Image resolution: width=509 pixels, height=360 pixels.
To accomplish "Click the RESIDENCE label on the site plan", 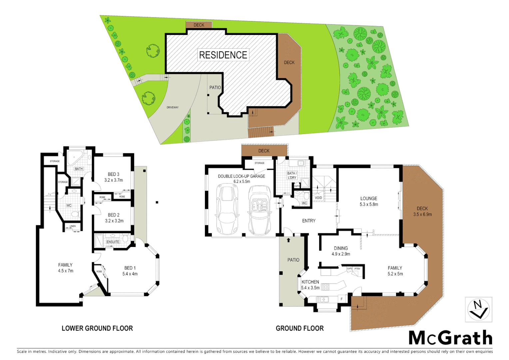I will (223, 55).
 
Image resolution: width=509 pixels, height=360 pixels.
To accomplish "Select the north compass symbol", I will (478, 310).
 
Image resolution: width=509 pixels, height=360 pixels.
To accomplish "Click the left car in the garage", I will (228, 210).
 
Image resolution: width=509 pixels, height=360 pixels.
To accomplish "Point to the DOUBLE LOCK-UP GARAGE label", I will (242, 176).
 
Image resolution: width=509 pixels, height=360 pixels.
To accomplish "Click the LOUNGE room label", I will (368, 198).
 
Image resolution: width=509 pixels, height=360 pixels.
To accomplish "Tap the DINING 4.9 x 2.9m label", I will (341, 251).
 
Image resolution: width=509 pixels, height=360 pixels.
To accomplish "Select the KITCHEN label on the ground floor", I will (310, 282).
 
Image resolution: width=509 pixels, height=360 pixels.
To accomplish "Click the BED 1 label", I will (130, 268).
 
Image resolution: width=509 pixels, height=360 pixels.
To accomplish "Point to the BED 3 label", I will (113, 174).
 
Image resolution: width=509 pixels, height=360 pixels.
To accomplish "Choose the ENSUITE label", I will (113, 242).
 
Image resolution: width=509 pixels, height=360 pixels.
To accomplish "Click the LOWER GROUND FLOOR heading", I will (97, 328).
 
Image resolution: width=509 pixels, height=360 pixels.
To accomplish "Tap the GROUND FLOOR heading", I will (299, 328).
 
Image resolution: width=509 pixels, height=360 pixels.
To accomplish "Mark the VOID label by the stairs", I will (318, 198).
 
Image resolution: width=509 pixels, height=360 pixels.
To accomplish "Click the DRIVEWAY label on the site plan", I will (173, 107).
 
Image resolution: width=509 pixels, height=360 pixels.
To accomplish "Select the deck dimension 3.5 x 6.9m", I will (422, 214).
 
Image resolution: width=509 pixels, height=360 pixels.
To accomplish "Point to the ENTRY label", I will (309, 221).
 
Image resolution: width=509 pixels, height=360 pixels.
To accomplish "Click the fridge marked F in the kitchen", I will (341, 299).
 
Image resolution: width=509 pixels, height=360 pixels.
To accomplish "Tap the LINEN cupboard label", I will (73, 226).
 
